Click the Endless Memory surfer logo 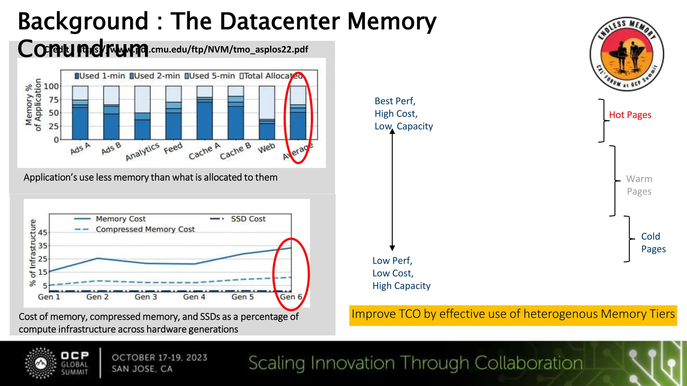[627, 54]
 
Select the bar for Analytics [142, 113]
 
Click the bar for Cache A [205, 113]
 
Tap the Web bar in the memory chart [267, 113]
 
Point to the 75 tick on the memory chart [53, 100]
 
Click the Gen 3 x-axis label [146, 297]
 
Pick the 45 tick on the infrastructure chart [43, 233]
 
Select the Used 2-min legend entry [155, 76]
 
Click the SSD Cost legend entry [248, 219]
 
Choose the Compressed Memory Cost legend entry [145, 230]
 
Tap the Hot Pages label [630, 115]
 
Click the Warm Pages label [639, 185]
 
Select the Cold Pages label [653, 243]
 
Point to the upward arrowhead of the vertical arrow [392, 131]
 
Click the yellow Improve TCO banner [513, 315]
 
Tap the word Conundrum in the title [83, 49]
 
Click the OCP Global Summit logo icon [41, 363]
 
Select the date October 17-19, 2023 [159, 358]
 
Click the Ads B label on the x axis [111, 148]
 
